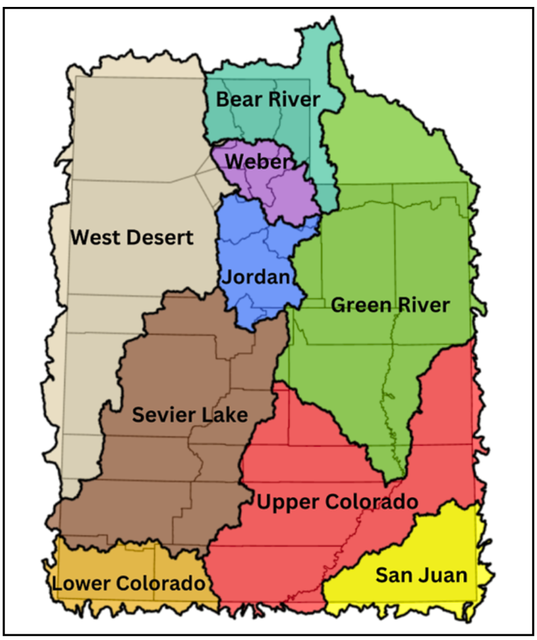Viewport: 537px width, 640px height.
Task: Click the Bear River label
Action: tap(268, 100)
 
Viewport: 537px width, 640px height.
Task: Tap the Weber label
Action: tap(259, 161)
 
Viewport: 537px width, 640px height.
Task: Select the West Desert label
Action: tap(132, 237)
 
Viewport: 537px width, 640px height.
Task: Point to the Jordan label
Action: tap(255, 277)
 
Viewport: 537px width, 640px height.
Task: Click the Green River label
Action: tap(390, 306)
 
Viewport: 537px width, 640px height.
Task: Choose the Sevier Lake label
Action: tap(190, 415)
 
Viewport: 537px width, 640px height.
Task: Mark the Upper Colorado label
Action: tap(337, 502)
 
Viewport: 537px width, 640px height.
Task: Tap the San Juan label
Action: tap(421, 575)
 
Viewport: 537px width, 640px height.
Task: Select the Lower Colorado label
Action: tap(129, 583)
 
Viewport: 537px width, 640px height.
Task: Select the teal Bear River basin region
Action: tap(290, 132)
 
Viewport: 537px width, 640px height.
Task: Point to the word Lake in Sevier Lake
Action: tap(226, 415)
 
